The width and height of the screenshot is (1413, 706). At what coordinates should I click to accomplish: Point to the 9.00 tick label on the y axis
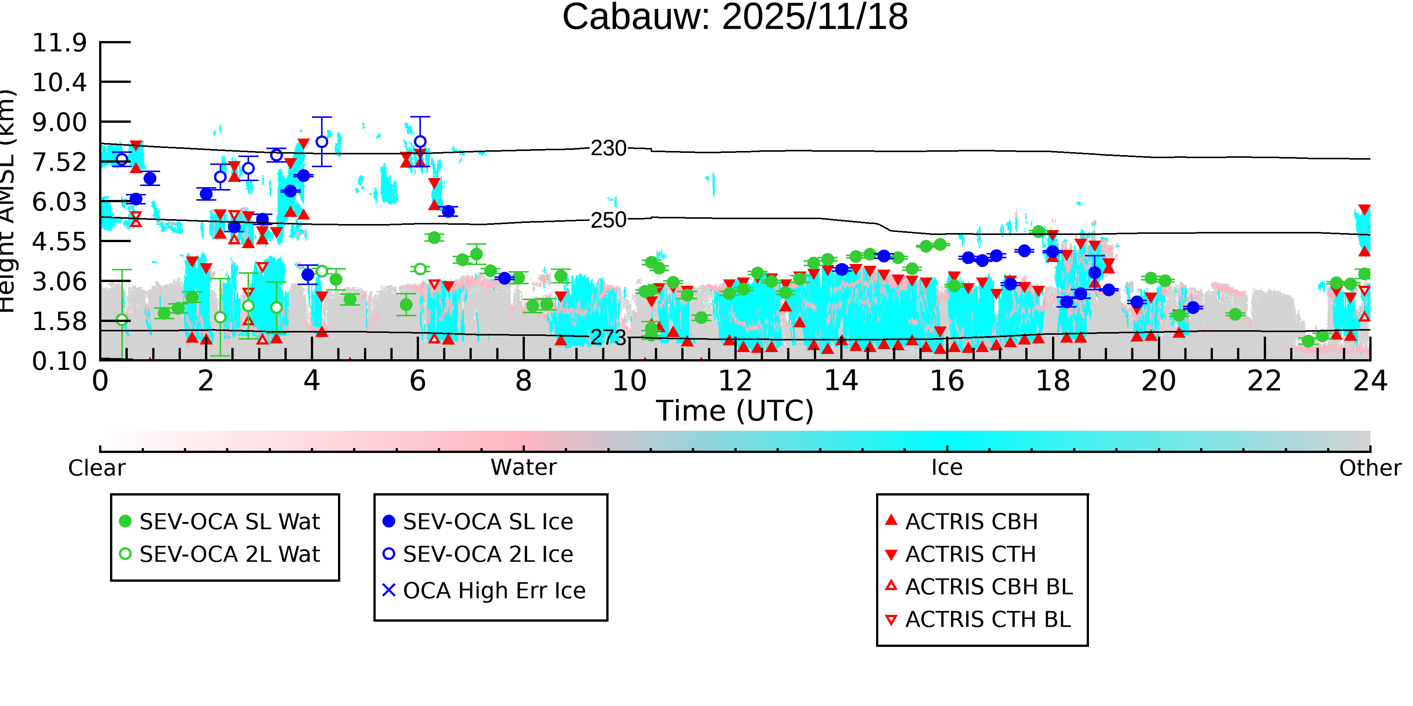59,122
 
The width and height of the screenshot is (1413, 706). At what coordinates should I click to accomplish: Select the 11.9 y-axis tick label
59,43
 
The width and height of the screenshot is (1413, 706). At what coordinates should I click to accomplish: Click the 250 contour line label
608,220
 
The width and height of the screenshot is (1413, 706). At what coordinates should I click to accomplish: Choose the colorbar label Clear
96,468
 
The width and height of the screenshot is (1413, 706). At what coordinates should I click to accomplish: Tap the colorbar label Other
1370,468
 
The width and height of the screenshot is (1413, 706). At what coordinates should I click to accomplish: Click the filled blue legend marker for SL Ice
389,521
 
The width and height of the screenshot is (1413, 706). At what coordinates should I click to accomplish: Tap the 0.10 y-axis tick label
59,361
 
